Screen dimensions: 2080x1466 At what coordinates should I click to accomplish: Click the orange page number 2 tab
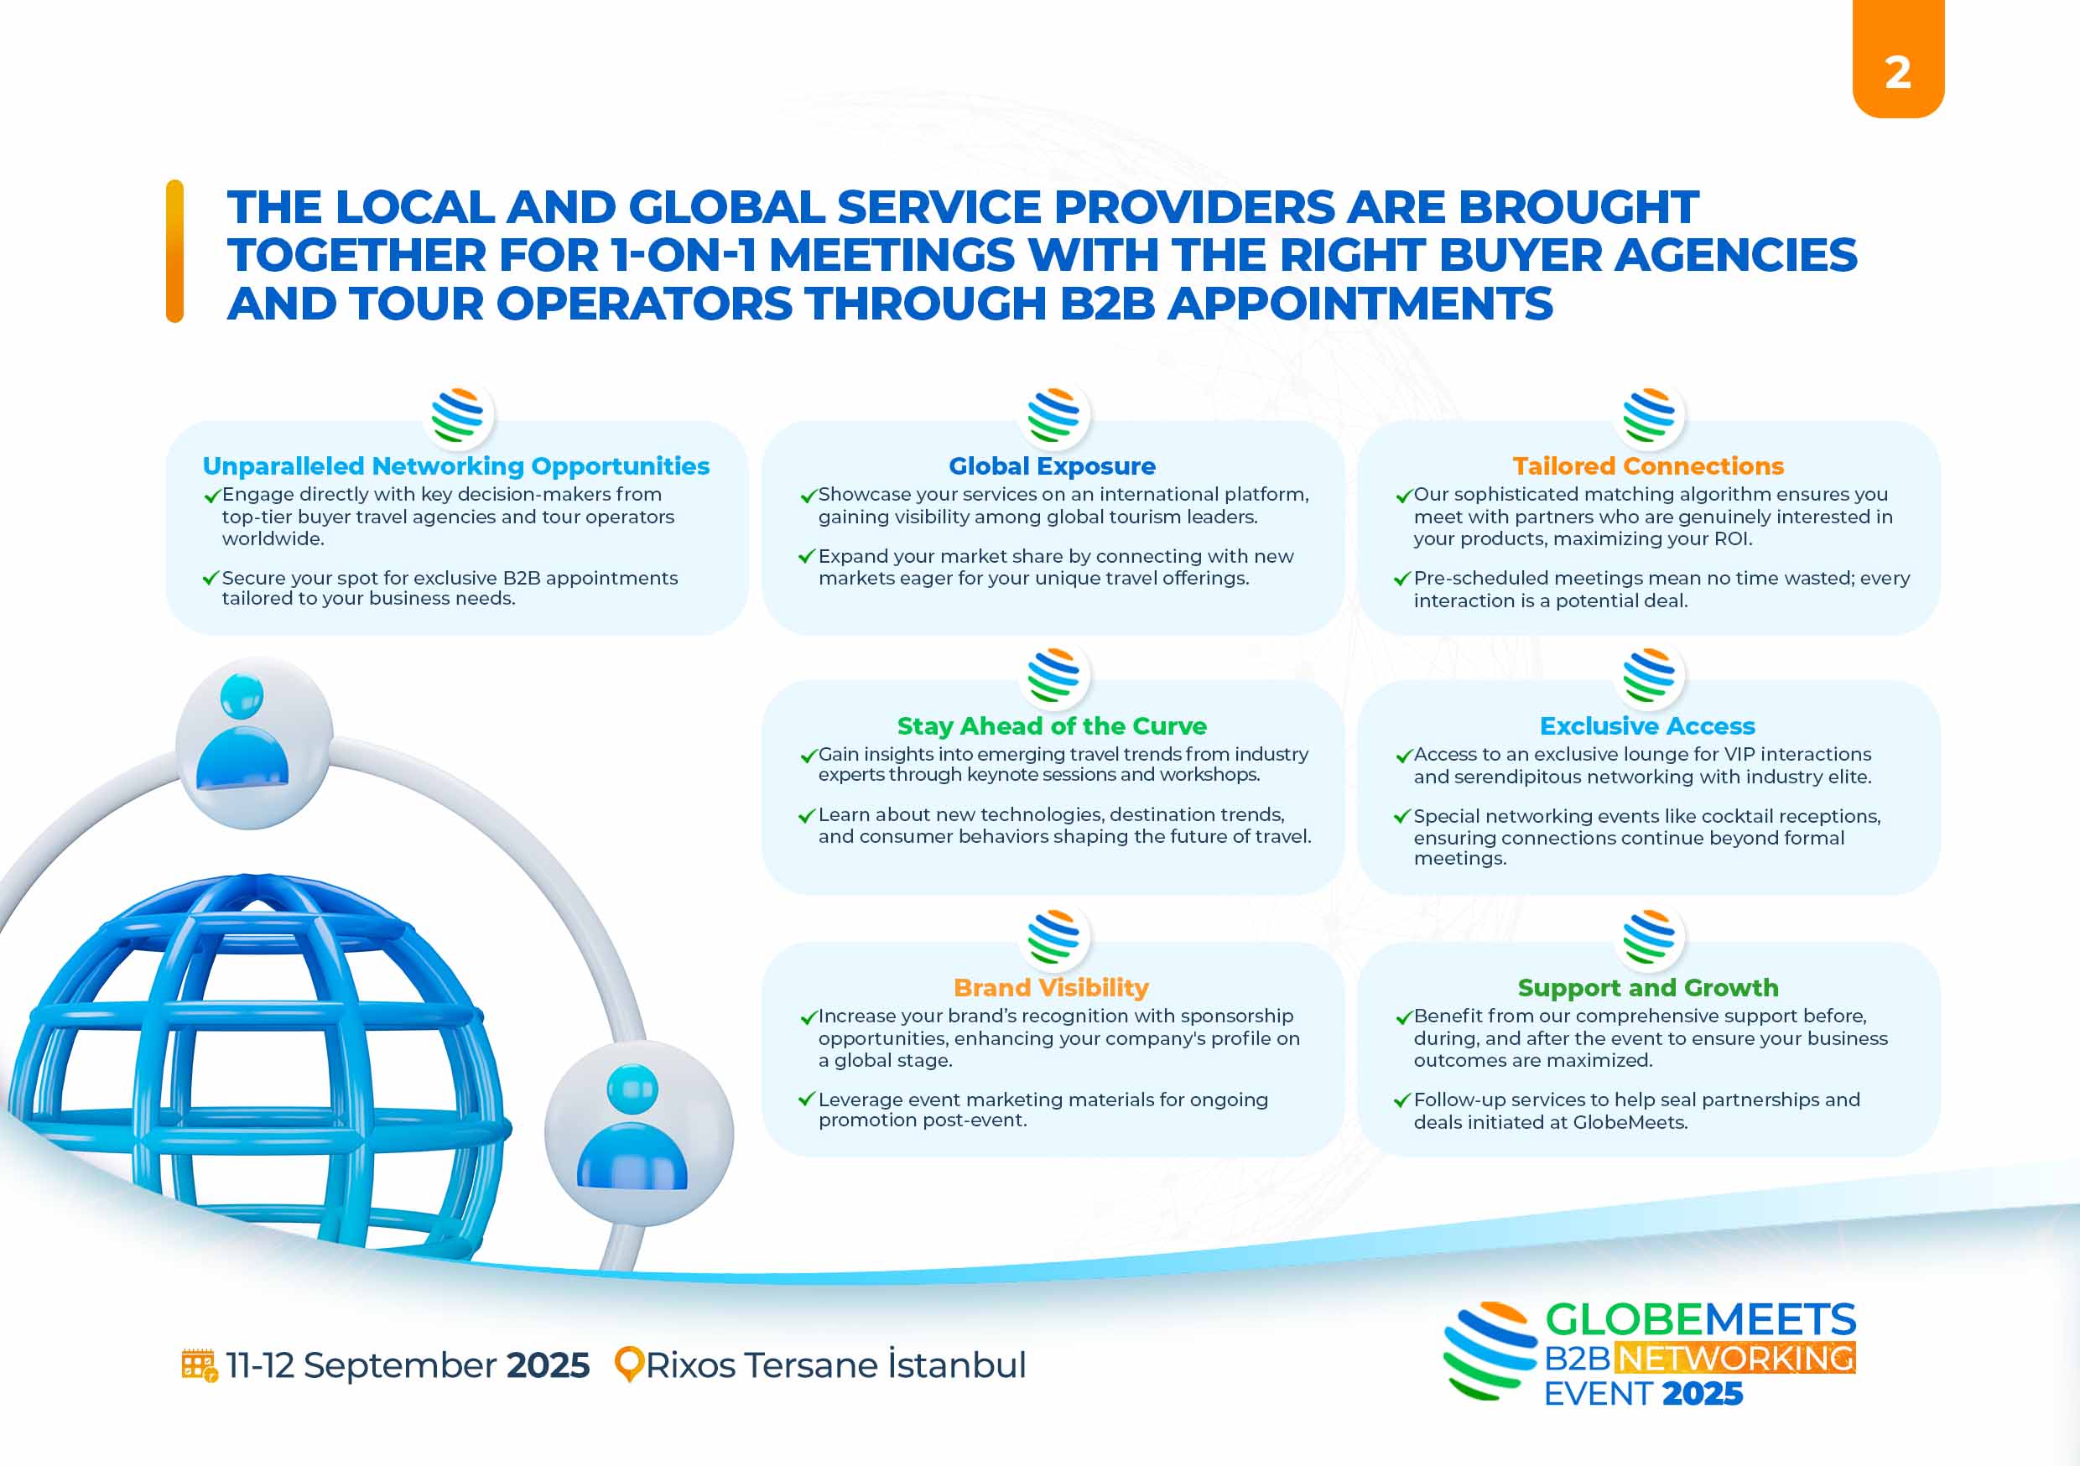(1898, 58)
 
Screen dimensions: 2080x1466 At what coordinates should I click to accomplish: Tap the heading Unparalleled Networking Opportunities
(455, 465)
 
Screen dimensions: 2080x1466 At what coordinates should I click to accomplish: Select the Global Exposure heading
(1052, 465)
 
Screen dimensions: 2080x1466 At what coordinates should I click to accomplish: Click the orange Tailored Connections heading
(1648, 465)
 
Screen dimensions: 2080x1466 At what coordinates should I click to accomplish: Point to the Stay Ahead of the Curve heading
(1052, 725)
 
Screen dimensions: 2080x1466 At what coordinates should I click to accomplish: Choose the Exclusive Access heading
(1648, 725)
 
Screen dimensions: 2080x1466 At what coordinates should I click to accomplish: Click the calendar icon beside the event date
(200, 1365)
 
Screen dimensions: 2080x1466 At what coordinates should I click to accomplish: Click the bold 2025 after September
(547, 1365)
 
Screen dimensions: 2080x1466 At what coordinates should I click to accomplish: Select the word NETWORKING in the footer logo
(1734, 1357)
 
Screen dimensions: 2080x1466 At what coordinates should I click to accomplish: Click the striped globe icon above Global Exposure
(1053, 415)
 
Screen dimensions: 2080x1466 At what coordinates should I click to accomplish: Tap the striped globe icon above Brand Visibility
(1053, 936)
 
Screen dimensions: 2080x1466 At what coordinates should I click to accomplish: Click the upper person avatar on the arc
(253, 742)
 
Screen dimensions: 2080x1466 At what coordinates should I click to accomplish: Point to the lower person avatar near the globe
(638, 1132)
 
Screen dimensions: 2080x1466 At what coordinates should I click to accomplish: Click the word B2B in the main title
(1108, 303)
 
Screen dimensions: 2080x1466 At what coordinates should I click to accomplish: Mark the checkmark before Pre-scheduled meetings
(1402, 578)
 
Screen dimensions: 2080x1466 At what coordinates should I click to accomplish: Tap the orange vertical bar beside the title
(174, 251)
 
